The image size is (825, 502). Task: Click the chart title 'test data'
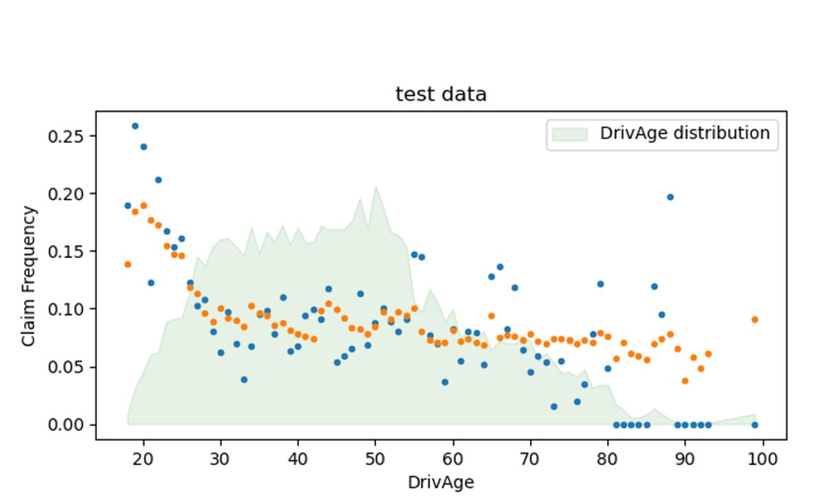tap(441, 94)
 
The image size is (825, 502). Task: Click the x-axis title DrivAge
tap(441, 481)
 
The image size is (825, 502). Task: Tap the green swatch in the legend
tap(569, 133)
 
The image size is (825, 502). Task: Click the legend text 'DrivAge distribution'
tap(685, 133)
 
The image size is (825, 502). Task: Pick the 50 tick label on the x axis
tap(375, 457)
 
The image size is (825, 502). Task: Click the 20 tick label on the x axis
tap(143, 457)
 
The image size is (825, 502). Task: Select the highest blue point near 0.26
tap(135, 126)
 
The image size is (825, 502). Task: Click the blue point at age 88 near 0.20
tap(670, 197)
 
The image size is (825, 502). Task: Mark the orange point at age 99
tap(755, 319)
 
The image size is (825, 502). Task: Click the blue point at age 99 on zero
tap(755, 424)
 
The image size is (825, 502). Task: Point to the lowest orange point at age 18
tap(128, 264)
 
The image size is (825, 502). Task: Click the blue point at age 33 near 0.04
tap(244, 380)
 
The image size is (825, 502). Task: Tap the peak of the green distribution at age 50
tap(375, 186)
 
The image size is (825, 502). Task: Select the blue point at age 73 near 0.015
tap(554, 406)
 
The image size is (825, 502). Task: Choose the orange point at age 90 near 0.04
tap(685, 380)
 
